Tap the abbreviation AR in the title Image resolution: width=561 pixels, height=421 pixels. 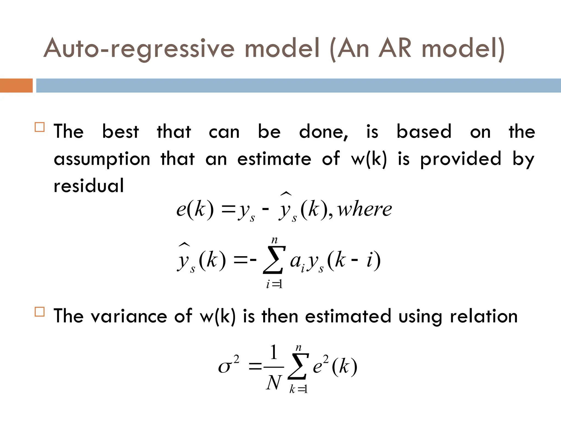pyautogui.click(x=395, y=48)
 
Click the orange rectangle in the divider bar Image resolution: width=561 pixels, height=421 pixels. pyautogui.click(x=16, y=86)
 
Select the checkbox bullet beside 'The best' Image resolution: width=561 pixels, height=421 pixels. pyautogui.click(x=40, y=127)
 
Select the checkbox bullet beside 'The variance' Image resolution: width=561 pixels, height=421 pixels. pyautogui.click(x=40, y=312)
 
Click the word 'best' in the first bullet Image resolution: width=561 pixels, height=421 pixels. pyautogui.click(x=121, y=132)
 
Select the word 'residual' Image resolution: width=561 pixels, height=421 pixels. pyautogui.click(x=89, y=186)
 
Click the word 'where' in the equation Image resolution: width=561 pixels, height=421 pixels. pyautogui.click(x=364, y=209)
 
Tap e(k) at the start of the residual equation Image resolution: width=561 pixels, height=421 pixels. pyautogui.click(x=195, y=209)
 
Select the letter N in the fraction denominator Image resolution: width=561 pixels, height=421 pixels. pyautogui.click(x=274, y=383)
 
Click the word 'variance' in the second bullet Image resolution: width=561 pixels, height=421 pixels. pyautogui.click(x=129, y=316)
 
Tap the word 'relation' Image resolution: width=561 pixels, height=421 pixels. pyautogui.click(x=484, y=316)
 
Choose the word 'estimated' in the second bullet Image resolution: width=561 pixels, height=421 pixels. pyautogui.click(x=348, y=316)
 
